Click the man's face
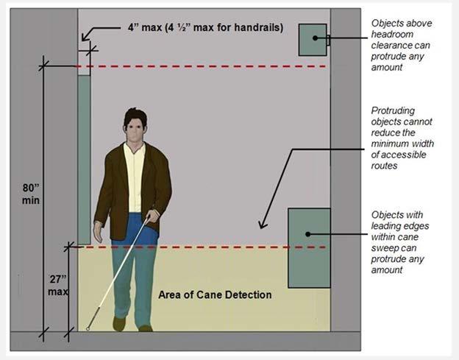[x=134, y=133]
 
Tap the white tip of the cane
[x=88, y=328]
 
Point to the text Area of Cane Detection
[x=215, y=295]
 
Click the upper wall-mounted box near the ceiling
[x=312, y=39]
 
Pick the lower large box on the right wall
[x=308, y=247]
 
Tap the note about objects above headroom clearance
[x=402, y=45]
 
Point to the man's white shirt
[x=135, y=177]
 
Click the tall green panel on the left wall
[x=84, y=158]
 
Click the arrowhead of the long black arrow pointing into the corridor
[x=260, y=226]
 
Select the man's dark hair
[x=134, y=116]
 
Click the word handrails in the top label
[x=256, y=29]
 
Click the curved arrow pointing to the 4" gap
[x=87, y=34]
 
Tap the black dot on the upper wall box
[x=314, y=38]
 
